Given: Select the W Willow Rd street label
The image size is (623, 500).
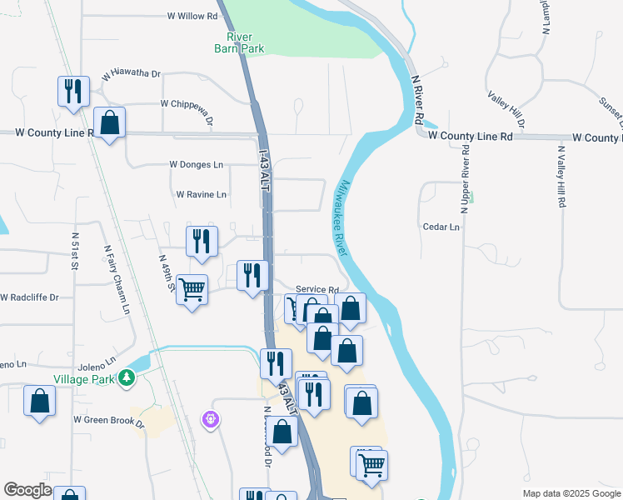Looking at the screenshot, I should click(192, 16).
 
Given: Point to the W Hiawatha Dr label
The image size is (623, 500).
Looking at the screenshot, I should click(131, 74).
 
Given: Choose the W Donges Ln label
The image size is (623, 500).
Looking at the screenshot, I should click(196, 165).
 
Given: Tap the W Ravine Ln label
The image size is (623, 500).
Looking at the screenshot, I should click(201, 194).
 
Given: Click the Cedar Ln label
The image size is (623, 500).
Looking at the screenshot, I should click(441, 227).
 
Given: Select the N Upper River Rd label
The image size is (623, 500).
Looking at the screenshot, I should click(466, 187).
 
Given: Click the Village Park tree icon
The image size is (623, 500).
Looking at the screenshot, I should click(126, 378).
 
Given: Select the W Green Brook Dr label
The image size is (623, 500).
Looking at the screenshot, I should click(108, 421).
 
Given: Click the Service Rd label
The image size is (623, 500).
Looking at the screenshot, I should click(316, 288).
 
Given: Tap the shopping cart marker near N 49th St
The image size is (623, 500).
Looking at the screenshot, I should click(192, 291).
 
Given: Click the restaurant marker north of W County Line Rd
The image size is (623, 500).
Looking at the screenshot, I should click(73, 90).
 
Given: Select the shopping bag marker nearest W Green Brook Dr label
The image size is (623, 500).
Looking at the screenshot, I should click(39, 402).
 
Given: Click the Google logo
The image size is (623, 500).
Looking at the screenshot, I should click(27, 490).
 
